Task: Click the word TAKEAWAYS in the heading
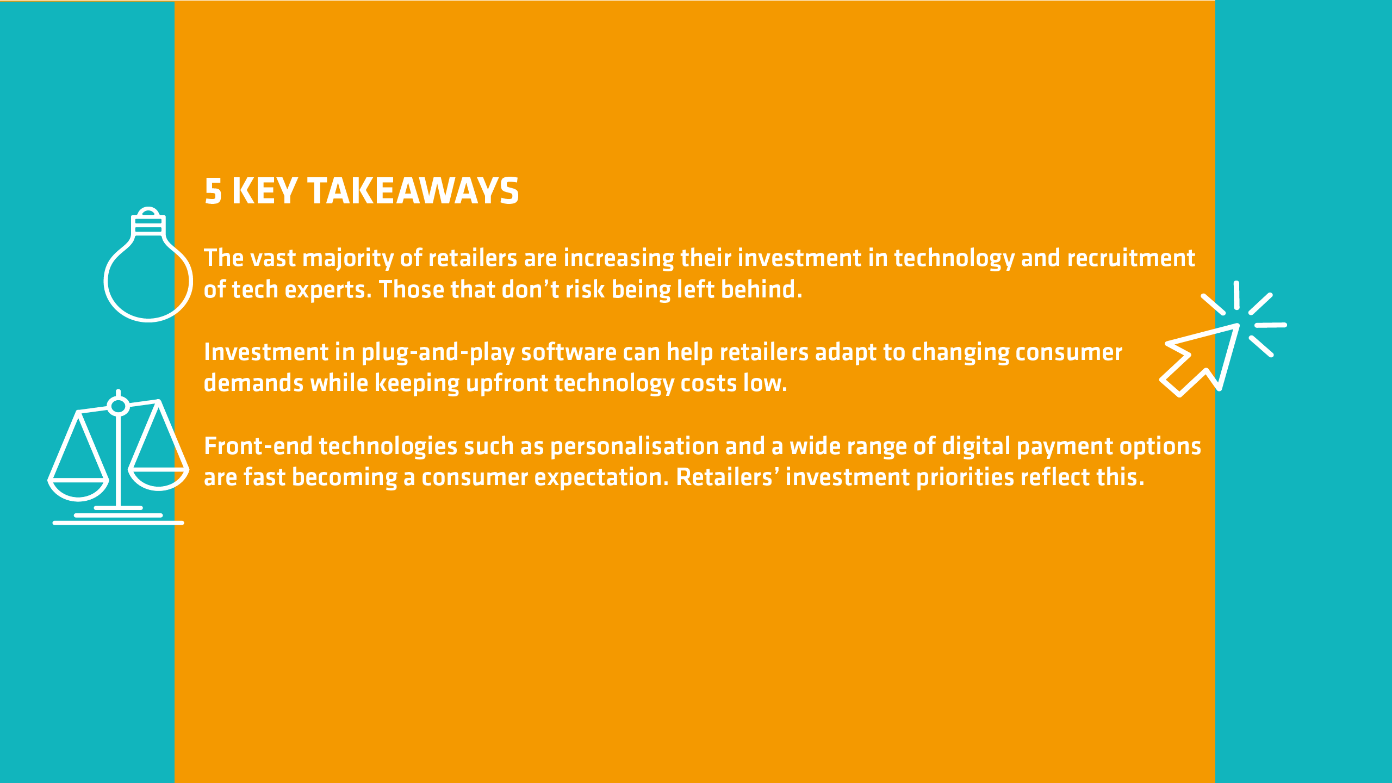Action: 413,191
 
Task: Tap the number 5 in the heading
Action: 213,191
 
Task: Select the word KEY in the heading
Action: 265,191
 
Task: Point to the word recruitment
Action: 1131,258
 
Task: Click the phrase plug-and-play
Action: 438,352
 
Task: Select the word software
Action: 569,352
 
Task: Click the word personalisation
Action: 635,446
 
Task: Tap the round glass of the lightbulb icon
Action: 107,280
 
